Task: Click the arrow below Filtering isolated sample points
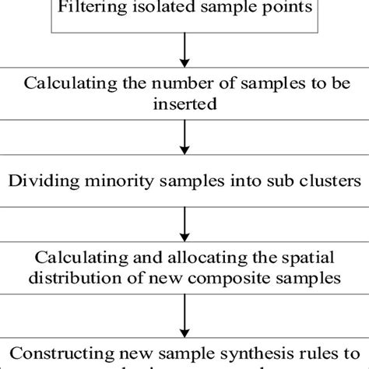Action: click(185, 51)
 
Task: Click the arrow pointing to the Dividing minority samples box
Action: click(185, 141)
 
